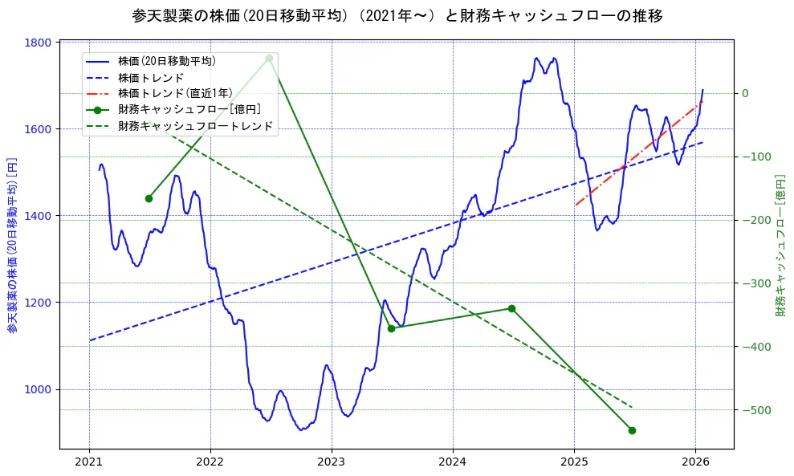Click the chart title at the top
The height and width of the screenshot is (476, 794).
(397, 15)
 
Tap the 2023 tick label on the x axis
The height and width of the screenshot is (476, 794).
(332, 462)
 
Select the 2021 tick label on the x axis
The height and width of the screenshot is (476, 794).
(89, 462)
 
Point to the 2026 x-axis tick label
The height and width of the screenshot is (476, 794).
(695, 462)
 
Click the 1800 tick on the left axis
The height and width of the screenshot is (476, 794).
(39, 43)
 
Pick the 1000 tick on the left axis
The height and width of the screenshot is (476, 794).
(39, 389)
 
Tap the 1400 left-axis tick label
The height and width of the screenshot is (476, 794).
(39, 216)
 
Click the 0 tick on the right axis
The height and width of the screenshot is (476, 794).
(745, 93)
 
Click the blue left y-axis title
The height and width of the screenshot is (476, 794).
(12, 246)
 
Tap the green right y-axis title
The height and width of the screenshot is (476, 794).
(780, 246)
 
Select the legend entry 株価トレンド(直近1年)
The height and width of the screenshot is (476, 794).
(175, 93)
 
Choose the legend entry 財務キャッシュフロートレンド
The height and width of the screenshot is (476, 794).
(195, 126)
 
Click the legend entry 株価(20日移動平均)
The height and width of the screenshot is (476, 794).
(166, 61)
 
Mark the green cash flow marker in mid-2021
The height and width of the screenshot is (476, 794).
(149, 198)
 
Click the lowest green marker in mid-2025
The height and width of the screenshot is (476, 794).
(632, 430)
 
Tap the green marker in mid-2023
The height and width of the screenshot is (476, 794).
(391, 328)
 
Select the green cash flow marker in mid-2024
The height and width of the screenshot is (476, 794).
(511, 309)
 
